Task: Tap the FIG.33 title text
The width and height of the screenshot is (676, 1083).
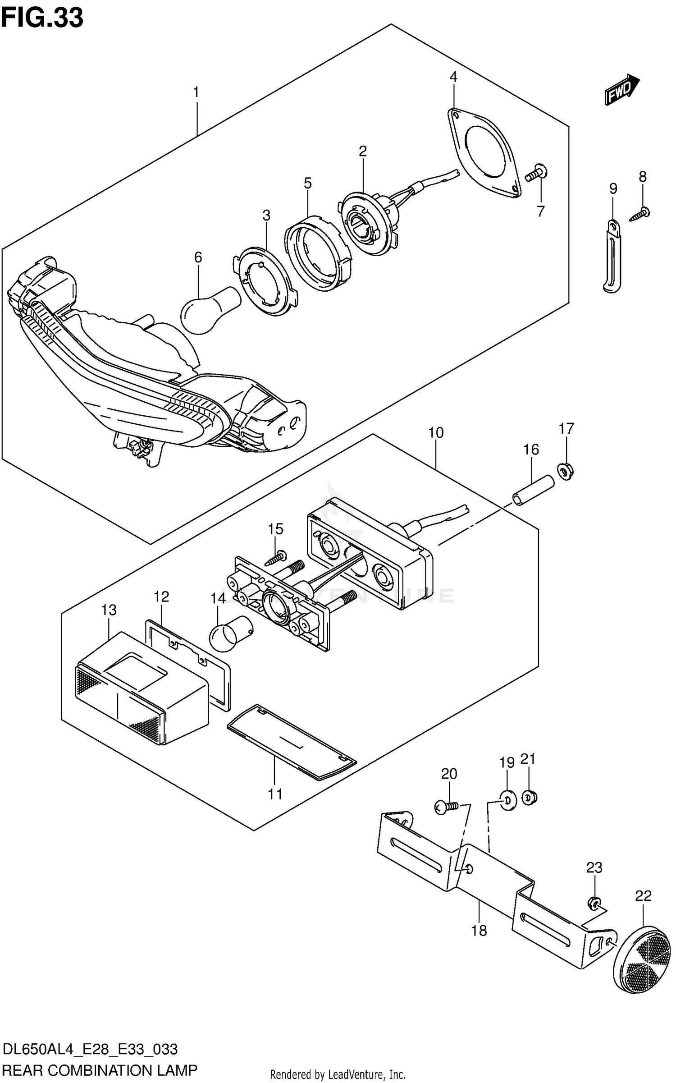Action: pos(42,18)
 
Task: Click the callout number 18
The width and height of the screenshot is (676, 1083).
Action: pos(479,930)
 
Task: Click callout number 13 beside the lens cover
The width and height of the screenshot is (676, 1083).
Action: pos(109,610)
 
